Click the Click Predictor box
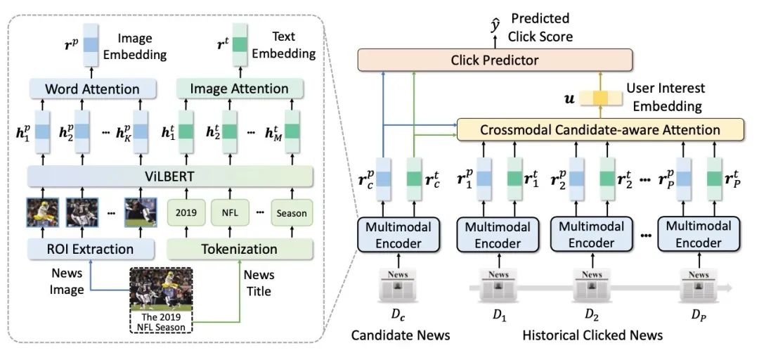click(x=494, y=60)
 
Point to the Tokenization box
click(x=240, y=249)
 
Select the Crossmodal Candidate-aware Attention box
click(x=599, y=129)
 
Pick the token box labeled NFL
click(x=231, y=212)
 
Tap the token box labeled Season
click(x=292, y=212)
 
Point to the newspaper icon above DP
click(x=699, y=285)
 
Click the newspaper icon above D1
click(x=498, y=285)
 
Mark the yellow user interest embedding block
click(x=601, y=99)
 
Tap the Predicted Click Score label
click(x=541, y=27)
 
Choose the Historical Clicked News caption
click(x=592, y=335)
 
